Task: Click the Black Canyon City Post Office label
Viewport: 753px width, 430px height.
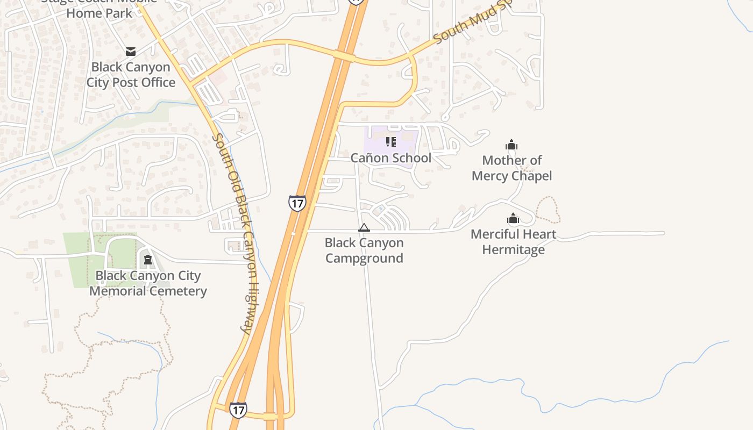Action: pos(131,75)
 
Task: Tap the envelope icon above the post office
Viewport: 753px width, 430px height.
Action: pos(131,52)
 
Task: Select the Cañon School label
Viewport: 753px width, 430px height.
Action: pos(391,158)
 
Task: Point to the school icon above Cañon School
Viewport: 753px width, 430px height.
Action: pos(391,142)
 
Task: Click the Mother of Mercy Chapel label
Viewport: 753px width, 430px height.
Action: pos(512,168)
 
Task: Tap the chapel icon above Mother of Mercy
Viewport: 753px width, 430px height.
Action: pos(512,145)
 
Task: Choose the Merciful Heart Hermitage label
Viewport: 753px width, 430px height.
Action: pos(513,242)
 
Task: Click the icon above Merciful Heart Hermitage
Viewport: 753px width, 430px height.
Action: pos(513,218)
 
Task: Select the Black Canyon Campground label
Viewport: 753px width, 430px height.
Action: pos(364,250)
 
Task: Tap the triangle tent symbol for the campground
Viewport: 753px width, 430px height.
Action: pos(364,228)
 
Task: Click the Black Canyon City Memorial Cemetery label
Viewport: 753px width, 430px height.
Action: pos(148,283)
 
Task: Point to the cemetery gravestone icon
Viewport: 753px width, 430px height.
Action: pos(147,260)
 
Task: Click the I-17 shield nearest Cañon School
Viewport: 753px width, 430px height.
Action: pos(297,203)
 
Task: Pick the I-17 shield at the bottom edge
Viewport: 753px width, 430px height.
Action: pos(238,410)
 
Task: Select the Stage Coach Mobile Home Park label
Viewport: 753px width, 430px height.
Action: pos(100,8)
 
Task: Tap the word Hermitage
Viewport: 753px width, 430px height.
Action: pos(513,250)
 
